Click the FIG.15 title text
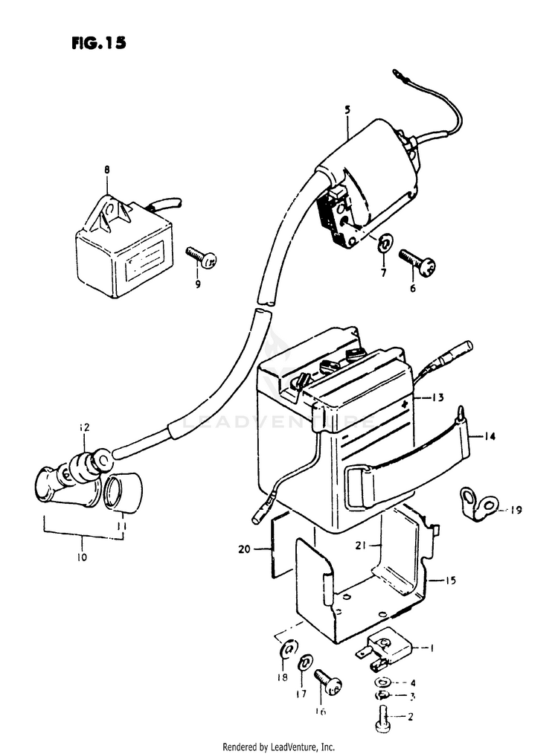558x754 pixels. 99,42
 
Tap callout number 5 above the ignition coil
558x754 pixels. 347,110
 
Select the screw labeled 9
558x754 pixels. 203,260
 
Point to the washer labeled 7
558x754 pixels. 385,243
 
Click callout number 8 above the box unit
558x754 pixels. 106,170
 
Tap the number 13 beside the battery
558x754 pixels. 438,398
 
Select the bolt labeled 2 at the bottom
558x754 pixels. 385,718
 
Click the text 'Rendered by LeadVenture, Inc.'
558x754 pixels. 279,747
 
